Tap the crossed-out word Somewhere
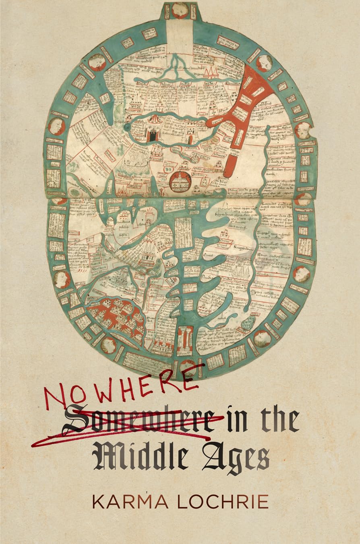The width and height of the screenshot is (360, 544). coord(139,419)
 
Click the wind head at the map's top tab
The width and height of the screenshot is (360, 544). coord(180,10)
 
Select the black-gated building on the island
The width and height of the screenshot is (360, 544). coord(153,133)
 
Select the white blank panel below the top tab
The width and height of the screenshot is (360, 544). coord(180,32)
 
